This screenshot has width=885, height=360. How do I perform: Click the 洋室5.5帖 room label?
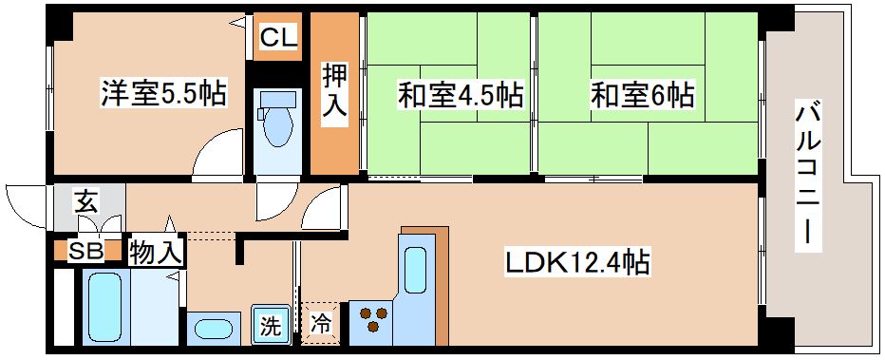pyautogui.click(x=162, y=94)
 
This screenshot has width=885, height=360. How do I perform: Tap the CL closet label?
pyautogui.click(x=277, y=38)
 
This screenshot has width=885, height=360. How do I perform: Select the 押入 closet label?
pyautogui.click(x=332, y=92)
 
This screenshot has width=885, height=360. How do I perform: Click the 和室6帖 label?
pyautogui.click(x=642, y=95)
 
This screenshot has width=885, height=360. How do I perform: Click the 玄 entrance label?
pyautogui.click(x=86, y=201)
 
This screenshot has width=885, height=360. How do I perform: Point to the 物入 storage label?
pyautogui.click(x=156, y=252)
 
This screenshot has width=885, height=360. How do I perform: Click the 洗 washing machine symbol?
pyautogui.click(x=271, y=327)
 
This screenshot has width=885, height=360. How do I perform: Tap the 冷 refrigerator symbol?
pyautogui.click(x=322, y=323)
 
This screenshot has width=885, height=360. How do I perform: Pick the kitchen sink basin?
pyautogui.click(x=416, y=269)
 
